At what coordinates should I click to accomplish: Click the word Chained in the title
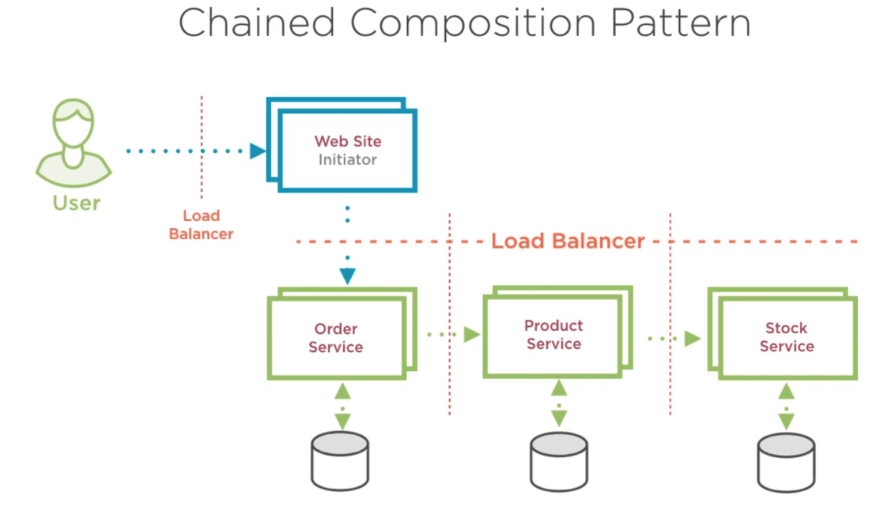point(256,23)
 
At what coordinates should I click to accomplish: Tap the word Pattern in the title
point(681,23)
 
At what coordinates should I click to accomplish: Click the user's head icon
point(73,123)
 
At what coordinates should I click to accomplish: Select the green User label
point(77,203)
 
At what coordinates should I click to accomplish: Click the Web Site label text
point(348,141)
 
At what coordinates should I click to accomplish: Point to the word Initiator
point(348,160)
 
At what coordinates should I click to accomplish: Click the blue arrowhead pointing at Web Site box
point(258,151)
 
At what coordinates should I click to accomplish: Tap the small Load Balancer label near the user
point(201,225)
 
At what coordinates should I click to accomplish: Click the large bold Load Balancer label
point(568,241)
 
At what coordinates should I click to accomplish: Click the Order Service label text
point(336,338)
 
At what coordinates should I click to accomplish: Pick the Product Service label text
point(553,335)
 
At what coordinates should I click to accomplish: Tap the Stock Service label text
point(787,337)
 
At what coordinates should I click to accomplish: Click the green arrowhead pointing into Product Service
point(472,335)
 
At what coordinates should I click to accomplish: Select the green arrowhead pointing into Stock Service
point(693,338)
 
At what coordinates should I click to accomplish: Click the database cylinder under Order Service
point(340,461)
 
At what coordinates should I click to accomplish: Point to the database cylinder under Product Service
point(559,462)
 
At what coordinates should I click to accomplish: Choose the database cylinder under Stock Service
point(787,463)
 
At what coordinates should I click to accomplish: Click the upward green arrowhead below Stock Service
point(787,391)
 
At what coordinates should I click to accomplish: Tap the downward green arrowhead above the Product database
point(559,419)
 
